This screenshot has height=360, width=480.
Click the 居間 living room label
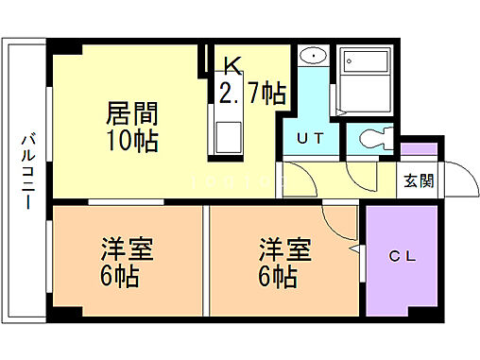[x=129, y=118]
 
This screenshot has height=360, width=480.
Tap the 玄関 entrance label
[x=420, y=181]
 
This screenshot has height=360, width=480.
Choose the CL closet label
[x=402, y=254]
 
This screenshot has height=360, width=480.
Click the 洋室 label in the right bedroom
[x=284, y=252]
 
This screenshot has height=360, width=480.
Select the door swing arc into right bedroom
[x=338, y=224]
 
